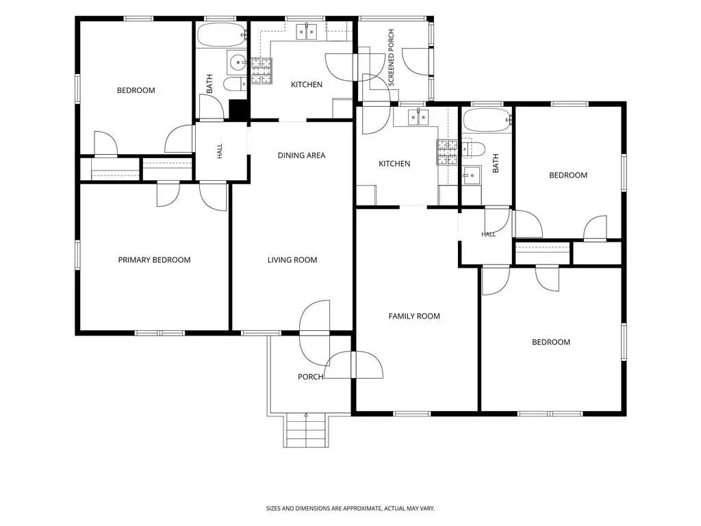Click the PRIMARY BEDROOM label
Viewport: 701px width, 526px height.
pyautogui.click(x=154, y=260)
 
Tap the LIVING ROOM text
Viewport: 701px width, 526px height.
pyautogui.click(x=292, y=260)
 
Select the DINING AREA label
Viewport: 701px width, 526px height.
pyautogui.click(x=301, y=155)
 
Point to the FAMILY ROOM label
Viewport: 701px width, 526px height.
pyautogui.click(x=414, y=316)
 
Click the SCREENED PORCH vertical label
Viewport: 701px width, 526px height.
pyautogui.click(x=391, y=58)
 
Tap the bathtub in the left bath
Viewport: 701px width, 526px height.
pyautogui.click(x=222, y=35)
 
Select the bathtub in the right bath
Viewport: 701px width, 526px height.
pyautogui.click(x=487, y=120)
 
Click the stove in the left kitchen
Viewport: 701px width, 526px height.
pyautogui.click(x=262, y=71)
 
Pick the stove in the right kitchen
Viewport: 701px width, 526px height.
pyautogui.click(x=447, y=153)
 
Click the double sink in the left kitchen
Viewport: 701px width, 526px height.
pyautogui.click(x=307, y=32)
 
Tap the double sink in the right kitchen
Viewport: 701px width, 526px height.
pyautogui.click(x=418, y=118)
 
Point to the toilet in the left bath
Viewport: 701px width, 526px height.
pyautogui.click(x=235, y=84)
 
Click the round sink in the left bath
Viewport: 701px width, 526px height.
pyautogui.click(x=236, y=62)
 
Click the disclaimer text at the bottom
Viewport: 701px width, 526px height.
pyautogui.click(x=350, y=509)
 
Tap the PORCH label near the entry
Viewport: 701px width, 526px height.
pyautogui.click(x=311, y=377)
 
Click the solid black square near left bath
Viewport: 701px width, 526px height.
pyautogui.click(x=238, y=110)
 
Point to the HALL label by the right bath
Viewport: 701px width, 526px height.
pyautogui.click(x=489, y=234)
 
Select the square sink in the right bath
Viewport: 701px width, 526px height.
pyautogui.click(x=471, y=175)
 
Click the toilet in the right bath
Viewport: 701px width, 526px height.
pyautogui.click(x=474, y=149)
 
